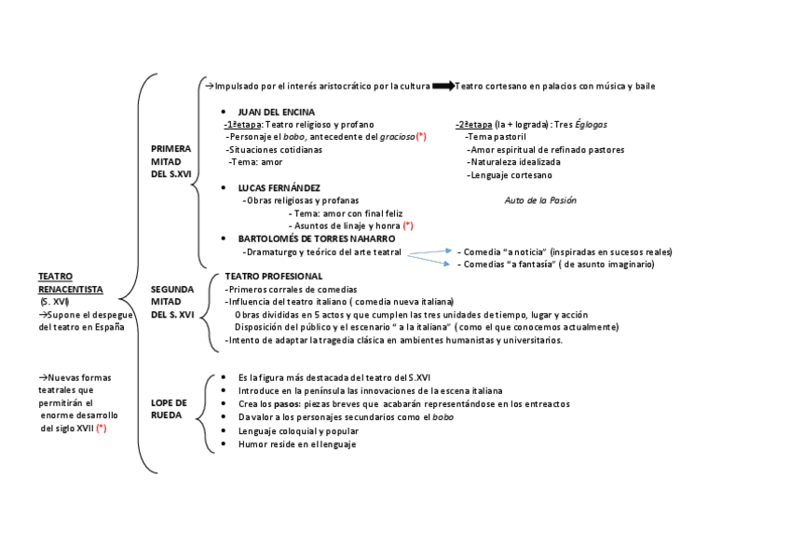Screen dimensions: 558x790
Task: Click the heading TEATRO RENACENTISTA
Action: pos(70,283)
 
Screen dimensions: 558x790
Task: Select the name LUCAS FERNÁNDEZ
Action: pos(279,187)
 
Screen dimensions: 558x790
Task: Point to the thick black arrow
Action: pos(443,87)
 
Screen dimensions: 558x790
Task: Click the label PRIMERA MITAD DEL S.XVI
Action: pos(170,161)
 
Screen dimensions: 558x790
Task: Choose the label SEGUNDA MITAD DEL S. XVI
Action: pos(172,302)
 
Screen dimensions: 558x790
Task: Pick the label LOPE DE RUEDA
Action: pos(169,408)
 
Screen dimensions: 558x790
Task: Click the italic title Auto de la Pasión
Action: pos(540,200)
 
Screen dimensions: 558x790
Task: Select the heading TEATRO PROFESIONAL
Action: pos(273,277)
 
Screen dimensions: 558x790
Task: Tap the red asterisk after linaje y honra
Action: pos(408,225)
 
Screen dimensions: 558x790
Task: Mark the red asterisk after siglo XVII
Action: pos(102,428)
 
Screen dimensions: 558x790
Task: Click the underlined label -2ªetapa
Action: pos(474,124)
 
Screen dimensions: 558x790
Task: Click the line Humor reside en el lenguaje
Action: pos(297,444)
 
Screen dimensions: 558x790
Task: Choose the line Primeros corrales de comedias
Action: pos(291,290)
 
